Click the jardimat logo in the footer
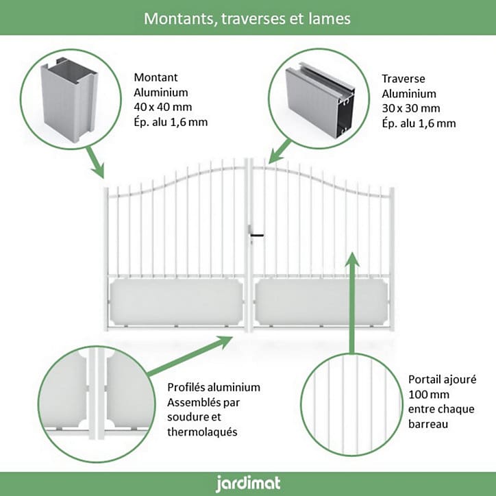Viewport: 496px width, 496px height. (248, 484)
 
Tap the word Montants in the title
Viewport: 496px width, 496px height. (180, 19)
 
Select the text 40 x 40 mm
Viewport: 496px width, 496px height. (162, 107)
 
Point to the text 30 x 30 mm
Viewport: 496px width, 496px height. (410, 108)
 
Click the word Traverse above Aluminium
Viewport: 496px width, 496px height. (404, 79)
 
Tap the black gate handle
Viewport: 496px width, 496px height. (256, 236)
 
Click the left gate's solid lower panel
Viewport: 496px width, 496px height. (176, 302)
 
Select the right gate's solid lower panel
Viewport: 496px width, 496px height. (321, 302)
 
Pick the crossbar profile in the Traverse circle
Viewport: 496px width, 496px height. (319, 99)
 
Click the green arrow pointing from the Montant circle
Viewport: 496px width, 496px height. (95, 162)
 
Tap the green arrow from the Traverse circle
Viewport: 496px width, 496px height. (280, 151)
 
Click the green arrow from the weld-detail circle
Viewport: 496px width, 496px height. (190, 356)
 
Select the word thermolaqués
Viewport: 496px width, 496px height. (202, 432)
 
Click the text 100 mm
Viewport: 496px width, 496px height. (428, 395)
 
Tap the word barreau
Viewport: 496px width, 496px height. (427, 424)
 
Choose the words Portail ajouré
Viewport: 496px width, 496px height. (442, 380)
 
